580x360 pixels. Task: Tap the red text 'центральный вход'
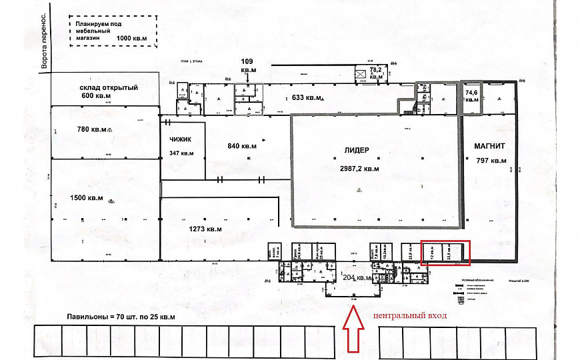click(409, 315)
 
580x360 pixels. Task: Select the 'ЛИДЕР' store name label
click(357, 150)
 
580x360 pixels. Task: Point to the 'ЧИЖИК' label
click(181, 140)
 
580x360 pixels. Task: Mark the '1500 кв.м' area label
click(86, 198)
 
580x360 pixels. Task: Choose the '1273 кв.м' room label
click(205, 229)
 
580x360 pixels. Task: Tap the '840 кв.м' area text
click(242, 146)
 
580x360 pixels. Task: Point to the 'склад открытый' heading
click(109, 88)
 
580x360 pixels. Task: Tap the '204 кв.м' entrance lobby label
click(355, 277)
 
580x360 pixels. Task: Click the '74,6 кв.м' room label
click(472, 95)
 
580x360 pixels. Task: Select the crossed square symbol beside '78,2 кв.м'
click(361, 75)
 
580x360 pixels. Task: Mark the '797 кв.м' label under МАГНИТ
click(491, 161)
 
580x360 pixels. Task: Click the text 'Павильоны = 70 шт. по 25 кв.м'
click(121, 316)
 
